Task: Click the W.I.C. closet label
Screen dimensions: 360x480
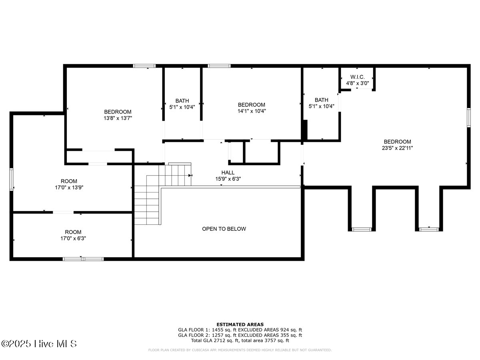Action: [357, 77]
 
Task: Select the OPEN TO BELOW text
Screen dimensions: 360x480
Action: [224, 229]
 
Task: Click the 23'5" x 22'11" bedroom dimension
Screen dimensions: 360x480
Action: [397, 148]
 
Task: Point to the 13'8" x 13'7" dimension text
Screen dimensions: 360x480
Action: [118, 118]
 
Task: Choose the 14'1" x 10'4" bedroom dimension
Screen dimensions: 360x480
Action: [252, 111]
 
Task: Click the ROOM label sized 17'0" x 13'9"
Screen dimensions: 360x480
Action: [69, 181]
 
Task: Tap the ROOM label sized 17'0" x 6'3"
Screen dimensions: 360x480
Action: [73, 232]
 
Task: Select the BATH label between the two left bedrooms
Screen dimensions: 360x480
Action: [182, 101]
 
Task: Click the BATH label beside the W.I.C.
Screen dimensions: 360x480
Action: [321, 100]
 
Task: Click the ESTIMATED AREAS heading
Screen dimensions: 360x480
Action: [240, 324]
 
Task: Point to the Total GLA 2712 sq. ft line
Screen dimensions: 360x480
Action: [240, 340]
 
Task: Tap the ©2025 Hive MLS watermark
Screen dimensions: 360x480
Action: [39, 344]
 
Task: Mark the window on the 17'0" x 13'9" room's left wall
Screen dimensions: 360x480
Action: [12, 180]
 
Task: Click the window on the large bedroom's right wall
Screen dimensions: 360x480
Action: [468, 118]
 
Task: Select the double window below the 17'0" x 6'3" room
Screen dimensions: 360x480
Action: [83, 259]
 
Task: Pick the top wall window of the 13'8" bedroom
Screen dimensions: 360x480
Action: [144, 66]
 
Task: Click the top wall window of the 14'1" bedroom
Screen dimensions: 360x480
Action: [219, 66]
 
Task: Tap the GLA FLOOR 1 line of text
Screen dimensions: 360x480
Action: [240, 330]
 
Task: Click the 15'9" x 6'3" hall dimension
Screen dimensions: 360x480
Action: [228, 179]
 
